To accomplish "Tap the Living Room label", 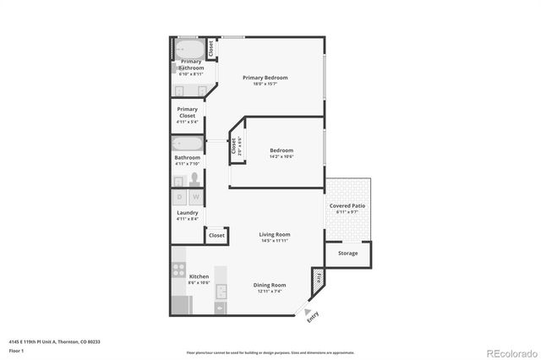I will tap(274, 234).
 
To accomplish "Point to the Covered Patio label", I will tap(347, 205).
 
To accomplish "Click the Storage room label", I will tap(347, 253).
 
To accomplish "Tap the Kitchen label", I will tap(199, 276).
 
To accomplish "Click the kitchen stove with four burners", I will tap(179, 270).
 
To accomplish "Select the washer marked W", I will tap(194, 197).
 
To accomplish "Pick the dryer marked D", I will tap(179, 197).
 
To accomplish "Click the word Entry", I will tap(313, 317).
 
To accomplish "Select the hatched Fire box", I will tap(318, 276).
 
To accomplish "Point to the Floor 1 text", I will tap(16, 349).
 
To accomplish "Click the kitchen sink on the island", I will tap(221, 292).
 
